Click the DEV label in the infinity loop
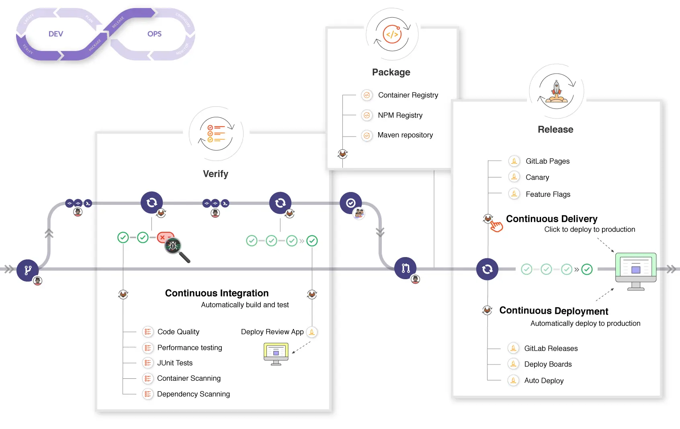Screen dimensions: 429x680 (55, 34)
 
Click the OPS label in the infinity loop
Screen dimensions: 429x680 (154, 34)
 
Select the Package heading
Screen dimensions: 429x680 (391, 72)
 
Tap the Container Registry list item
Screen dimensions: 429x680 (408, 95)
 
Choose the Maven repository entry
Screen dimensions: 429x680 (405, 135)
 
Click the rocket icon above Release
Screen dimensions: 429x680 (556, 92)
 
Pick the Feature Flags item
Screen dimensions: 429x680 (547, 194)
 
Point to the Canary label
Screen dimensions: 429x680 (537, 178)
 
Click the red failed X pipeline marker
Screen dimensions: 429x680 (163, 237)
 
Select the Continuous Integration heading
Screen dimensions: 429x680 (217, 293)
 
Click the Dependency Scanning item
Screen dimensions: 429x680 (193, 394)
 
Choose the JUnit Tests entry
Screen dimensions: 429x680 (174, 363)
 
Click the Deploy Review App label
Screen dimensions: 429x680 (272, 332)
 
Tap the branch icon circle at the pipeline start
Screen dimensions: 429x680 (27, 270)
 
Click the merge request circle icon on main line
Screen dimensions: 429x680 (405, 268)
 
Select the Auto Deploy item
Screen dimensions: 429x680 (543, 381)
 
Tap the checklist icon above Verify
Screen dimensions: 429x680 (216, 134)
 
